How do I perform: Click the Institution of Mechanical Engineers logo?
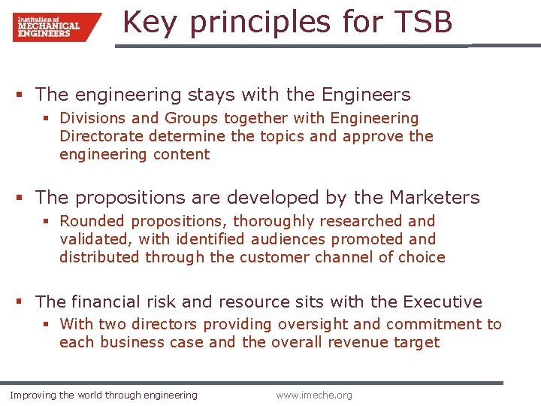click(x=56, y=27)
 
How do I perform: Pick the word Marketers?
click(x=434, y=198)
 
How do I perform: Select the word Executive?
click(x=443, y=301)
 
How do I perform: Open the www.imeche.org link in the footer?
click(x=313, y=395)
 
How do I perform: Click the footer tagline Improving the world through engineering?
click(x=104, y=395)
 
